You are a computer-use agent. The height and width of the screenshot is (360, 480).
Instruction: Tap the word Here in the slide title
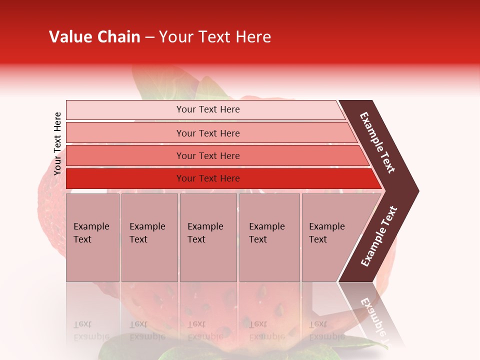[x=253, y=37]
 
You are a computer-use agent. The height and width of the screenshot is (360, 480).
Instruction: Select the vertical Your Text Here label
[x=57, y=143]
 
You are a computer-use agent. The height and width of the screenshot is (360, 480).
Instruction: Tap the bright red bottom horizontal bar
[x=125, y=178]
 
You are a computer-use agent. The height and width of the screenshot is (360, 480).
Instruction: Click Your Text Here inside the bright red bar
[x=208, y=178]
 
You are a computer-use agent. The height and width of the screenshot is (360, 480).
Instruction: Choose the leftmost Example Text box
[x=92, y=237]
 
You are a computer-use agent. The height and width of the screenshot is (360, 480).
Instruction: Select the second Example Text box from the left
[x=149, y=237]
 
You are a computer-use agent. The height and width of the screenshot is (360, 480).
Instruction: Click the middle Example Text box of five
[x=208, y=237]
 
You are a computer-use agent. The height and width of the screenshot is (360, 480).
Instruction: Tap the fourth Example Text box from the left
[x=269, y=237]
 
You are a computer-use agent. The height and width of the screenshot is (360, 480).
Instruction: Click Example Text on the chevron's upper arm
[x=377, y=143]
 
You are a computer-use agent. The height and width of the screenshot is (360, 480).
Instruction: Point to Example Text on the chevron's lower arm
[x=379, y=236]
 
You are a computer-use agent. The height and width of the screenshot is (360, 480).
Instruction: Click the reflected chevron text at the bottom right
[x=374, y=320]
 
